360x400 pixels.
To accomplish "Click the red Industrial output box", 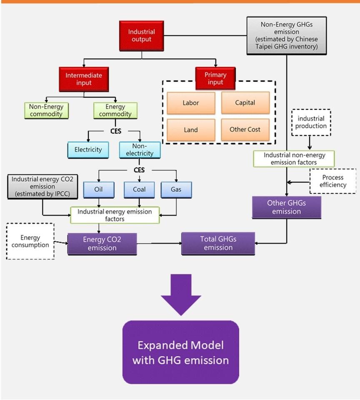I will [141, 35].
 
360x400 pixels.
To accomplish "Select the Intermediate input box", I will [84, 79].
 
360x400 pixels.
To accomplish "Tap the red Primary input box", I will [215, 78].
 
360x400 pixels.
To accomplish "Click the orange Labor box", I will [191, 103].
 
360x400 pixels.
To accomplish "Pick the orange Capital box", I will [245, 103].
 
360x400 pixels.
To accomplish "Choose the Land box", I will [191, 130].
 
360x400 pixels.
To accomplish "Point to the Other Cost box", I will [245, 130].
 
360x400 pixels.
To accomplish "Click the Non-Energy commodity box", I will [46, 111].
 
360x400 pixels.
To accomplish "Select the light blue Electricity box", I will [88, 150].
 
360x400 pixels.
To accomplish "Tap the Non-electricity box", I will [140, 150].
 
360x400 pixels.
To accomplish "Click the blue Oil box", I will [98, 190].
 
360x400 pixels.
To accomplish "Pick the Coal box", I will [139, 190].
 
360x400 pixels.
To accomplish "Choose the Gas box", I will [176, 190].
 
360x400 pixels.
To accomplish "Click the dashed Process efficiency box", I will [333, 181].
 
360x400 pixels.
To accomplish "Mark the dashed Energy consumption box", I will [30, 241].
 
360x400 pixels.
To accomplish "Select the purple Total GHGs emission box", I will [218, 244].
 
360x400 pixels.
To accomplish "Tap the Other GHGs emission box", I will [286, 207].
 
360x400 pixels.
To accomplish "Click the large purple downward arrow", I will [181, 294].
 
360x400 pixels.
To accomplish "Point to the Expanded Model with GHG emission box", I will [180, 352].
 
